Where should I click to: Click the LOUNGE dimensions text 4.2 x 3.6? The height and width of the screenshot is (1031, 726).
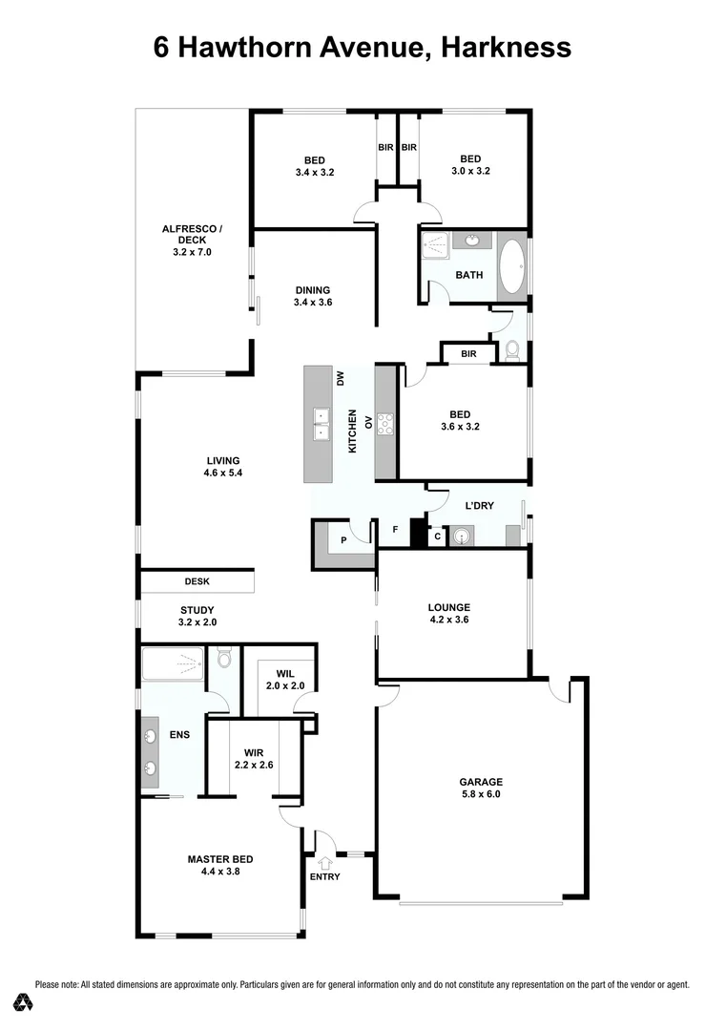tap(449, 620)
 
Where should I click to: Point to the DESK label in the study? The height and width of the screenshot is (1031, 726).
tap(197, 581)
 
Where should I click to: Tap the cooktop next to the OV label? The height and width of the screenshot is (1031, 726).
tap(385, 423)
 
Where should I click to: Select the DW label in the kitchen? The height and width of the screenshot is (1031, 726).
tap(340, 379)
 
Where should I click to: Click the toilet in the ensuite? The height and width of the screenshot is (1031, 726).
tap(224, 659)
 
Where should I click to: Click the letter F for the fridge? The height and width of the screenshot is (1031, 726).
tap(395, 529)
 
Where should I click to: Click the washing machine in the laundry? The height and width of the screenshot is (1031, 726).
tap(463, 537)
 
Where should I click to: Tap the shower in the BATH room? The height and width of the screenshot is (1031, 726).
tap(435, 244)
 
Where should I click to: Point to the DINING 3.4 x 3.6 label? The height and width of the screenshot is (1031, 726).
tap(312, 296)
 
